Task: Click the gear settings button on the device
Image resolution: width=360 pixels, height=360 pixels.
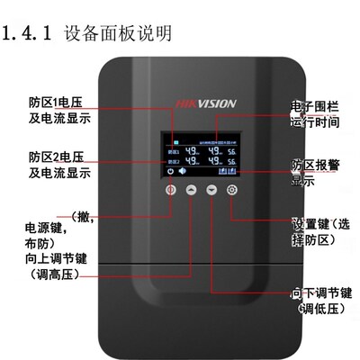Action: [x=232, y=191]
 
